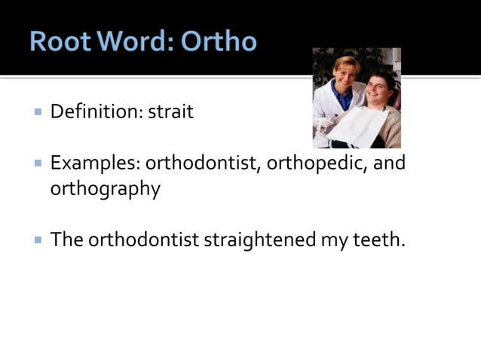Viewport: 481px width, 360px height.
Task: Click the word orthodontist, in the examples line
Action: tap(203, 163)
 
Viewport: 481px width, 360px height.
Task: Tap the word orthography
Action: tap(105, 188)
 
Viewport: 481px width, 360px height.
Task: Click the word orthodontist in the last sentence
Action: tap(143, 239)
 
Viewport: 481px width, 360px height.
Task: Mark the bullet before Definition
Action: tap(37, 112)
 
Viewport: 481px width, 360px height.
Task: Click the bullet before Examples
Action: tap(37, 163)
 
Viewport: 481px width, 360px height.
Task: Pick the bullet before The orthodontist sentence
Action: tap(37, 239)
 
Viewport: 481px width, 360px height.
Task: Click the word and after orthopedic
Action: tap(390, 163)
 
